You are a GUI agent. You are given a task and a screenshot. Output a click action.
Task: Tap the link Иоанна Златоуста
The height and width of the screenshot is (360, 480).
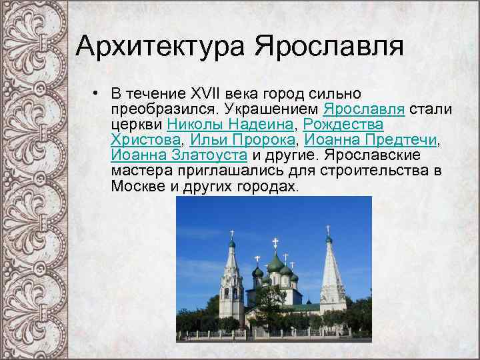tap(179, 155)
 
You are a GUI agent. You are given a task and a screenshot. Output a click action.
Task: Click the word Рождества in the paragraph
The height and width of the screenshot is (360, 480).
tap(343, 124)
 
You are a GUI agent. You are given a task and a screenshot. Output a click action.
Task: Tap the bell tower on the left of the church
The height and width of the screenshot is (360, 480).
tap(231, 283)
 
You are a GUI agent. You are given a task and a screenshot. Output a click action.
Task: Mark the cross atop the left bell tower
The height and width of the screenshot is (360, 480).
tap(231, 235)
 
